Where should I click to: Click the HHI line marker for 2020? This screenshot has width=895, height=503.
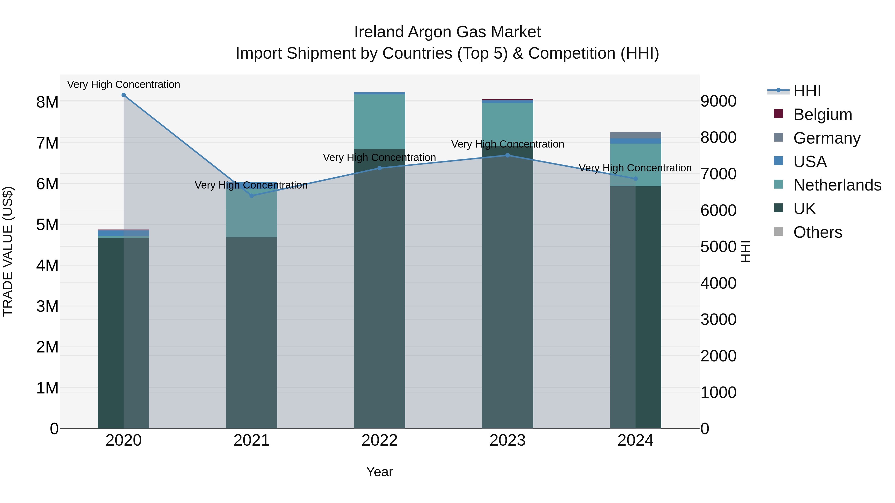click(124, 95)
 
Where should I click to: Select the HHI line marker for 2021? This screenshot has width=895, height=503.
click(252, 196)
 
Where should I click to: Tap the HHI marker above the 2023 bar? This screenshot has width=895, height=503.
click(508, 155)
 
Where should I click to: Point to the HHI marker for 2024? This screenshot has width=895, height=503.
click(635, 179)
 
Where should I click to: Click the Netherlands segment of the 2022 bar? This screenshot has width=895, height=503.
click(379, 121)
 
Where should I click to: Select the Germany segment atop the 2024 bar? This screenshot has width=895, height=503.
click(635, 135)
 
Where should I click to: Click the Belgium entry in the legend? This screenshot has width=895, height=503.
click(822, 115)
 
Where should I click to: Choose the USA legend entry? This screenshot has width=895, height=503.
click(809, 162)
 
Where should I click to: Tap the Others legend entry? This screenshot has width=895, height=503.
click(817, 232)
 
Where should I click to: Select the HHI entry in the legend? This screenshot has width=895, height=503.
click(807, 91)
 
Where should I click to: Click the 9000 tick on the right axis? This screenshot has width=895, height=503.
click(718, 101)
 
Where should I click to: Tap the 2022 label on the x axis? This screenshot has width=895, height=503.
click(379, 440)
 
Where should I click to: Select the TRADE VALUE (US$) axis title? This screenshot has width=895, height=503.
click(8, 251)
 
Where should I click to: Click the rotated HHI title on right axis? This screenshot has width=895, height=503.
click(746, 251)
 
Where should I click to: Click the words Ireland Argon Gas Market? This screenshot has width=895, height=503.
click(447, 32)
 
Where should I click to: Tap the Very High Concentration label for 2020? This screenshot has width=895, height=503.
click(124, 85)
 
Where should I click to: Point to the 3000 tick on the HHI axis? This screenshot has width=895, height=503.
click(718, 319)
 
